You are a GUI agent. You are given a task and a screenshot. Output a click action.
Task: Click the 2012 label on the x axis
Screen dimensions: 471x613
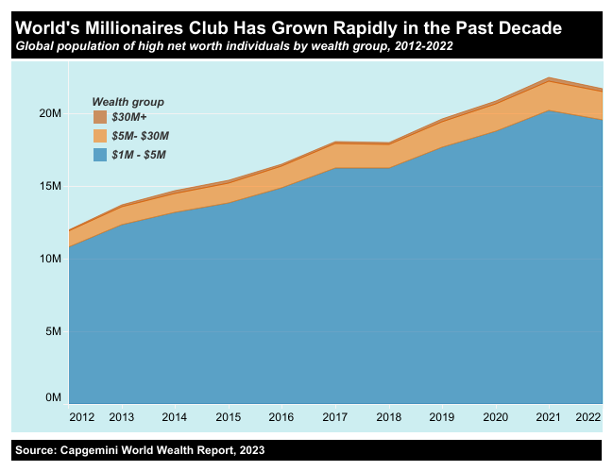pyautogui.click(x=82, y=416)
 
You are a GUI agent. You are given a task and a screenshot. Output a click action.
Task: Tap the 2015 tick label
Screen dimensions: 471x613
pyautogui.click(x=228, y=416)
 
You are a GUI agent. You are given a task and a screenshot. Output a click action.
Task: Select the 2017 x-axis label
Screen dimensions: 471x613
pyautogui.click(x=335, y=416)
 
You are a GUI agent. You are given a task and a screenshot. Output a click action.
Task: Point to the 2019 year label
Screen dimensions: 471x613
pyautogui.click(x=442, y=416)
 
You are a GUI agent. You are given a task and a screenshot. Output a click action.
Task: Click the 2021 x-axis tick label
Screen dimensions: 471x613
pyautogui.click(x=549, y=416)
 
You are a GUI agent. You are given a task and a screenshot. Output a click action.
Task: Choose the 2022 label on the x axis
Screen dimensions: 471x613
pyautogui.click(x=588, y=416)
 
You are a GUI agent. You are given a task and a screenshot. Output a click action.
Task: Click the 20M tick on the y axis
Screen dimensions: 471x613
pyautogui.click(x=50, y=113)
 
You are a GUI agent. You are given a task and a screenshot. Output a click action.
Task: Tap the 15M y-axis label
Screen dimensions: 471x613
pyautogui.click(x=50, y=186)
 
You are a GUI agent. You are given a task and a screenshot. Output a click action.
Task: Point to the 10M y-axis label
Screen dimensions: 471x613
pyautogui.click(x=50, y=259)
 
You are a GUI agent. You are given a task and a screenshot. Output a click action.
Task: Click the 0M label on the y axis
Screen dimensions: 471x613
pyautogui.click(x=53, y=398)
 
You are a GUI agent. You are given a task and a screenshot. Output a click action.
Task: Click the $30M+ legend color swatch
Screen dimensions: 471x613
pyautogui.click(x=100, y=118)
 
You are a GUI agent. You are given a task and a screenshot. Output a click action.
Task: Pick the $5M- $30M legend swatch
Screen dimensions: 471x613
pyautogui.click(x=100, y=136)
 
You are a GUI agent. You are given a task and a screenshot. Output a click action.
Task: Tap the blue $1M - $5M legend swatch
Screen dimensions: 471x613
pyautogui.click(x=100, y=154)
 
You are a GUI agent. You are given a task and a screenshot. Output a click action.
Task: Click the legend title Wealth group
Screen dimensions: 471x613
pyautogui.click(x=128, y=101)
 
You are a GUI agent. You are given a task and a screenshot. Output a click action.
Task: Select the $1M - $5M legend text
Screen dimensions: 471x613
pyautogui.click(x=138, y=154)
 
